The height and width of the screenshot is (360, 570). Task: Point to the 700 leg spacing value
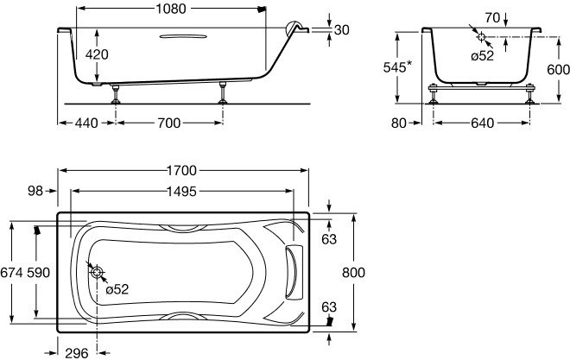168,123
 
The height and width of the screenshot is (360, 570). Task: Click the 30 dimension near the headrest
341,30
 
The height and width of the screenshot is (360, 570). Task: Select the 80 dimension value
398,123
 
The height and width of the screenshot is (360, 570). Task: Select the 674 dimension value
9,273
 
